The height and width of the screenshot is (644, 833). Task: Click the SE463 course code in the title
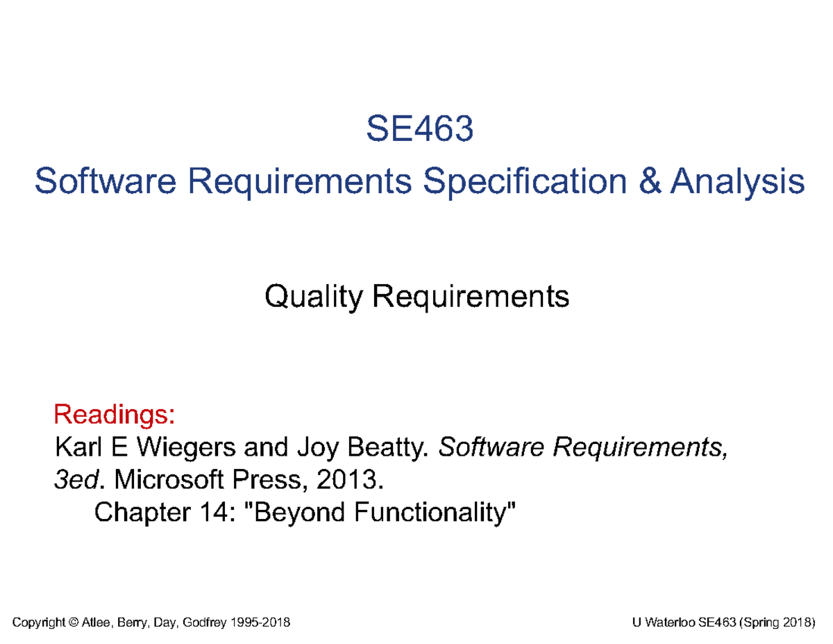click(420, 129)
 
